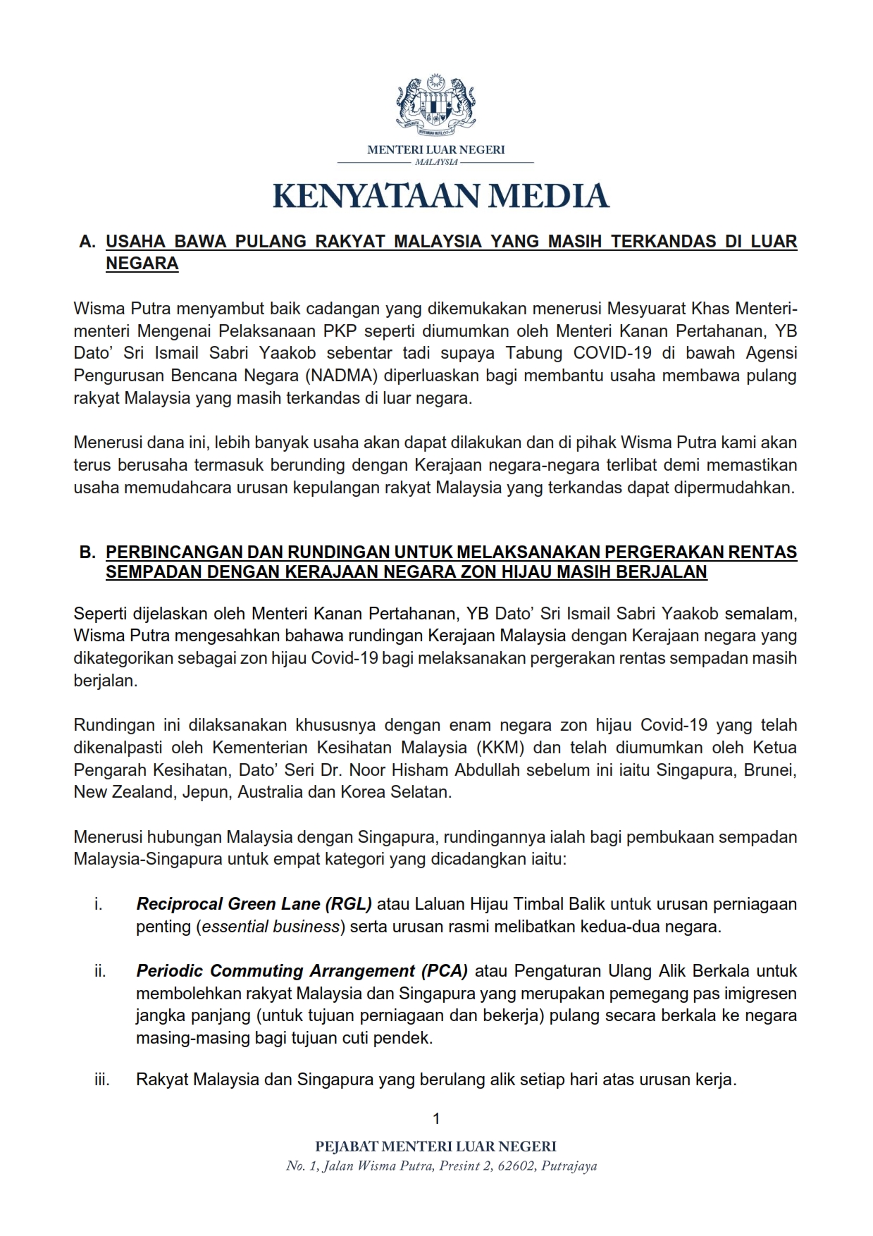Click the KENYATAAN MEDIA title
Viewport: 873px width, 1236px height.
coord(441,196)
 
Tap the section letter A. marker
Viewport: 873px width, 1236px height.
coord(87,242)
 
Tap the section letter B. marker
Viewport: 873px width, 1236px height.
coord(87,552)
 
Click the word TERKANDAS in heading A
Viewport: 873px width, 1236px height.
coord(658,242)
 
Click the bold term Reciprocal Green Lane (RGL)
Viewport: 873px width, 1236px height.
coord(254,903)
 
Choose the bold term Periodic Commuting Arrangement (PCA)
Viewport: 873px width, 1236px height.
coord(302,971)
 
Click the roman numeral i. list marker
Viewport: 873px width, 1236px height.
coord(99,903)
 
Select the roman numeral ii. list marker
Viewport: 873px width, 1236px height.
coord(100,971)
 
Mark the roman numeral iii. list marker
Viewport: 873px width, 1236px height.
coord(102,1080)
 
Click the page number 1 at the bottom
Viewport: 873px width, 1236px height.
coord(436,1118)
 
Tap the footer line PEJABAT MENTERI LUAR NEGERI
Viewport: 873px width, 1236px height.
coord(436,1147)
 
